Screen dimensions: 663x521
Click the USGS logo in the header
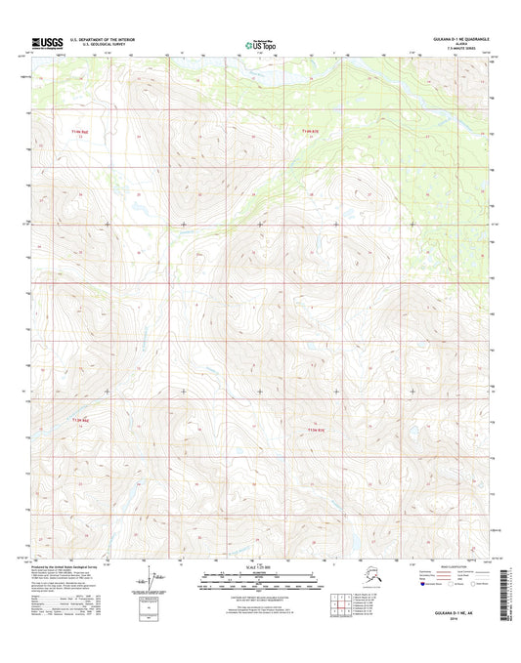pyautogui.click(x=48, y=43)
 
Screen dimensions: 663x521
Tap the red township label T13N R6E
pyautogui.click(x=80, y=129)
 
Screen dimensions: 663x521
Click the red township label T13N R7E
pyautogui.click(x=311, y=131)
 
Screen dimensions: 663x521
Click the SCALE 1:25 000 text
pyautogui.click(x=259, y=567)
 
